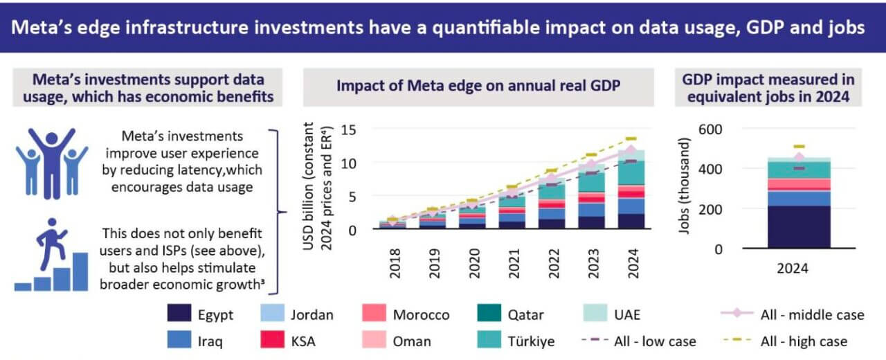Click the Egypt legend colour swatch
(x=179, y=315)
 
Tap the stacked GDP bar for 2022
(x=552, y=204)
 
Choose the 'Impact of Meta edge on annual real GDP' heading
(x=478, y=86)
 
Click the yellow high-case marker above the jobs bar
(x=799, y=147)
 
